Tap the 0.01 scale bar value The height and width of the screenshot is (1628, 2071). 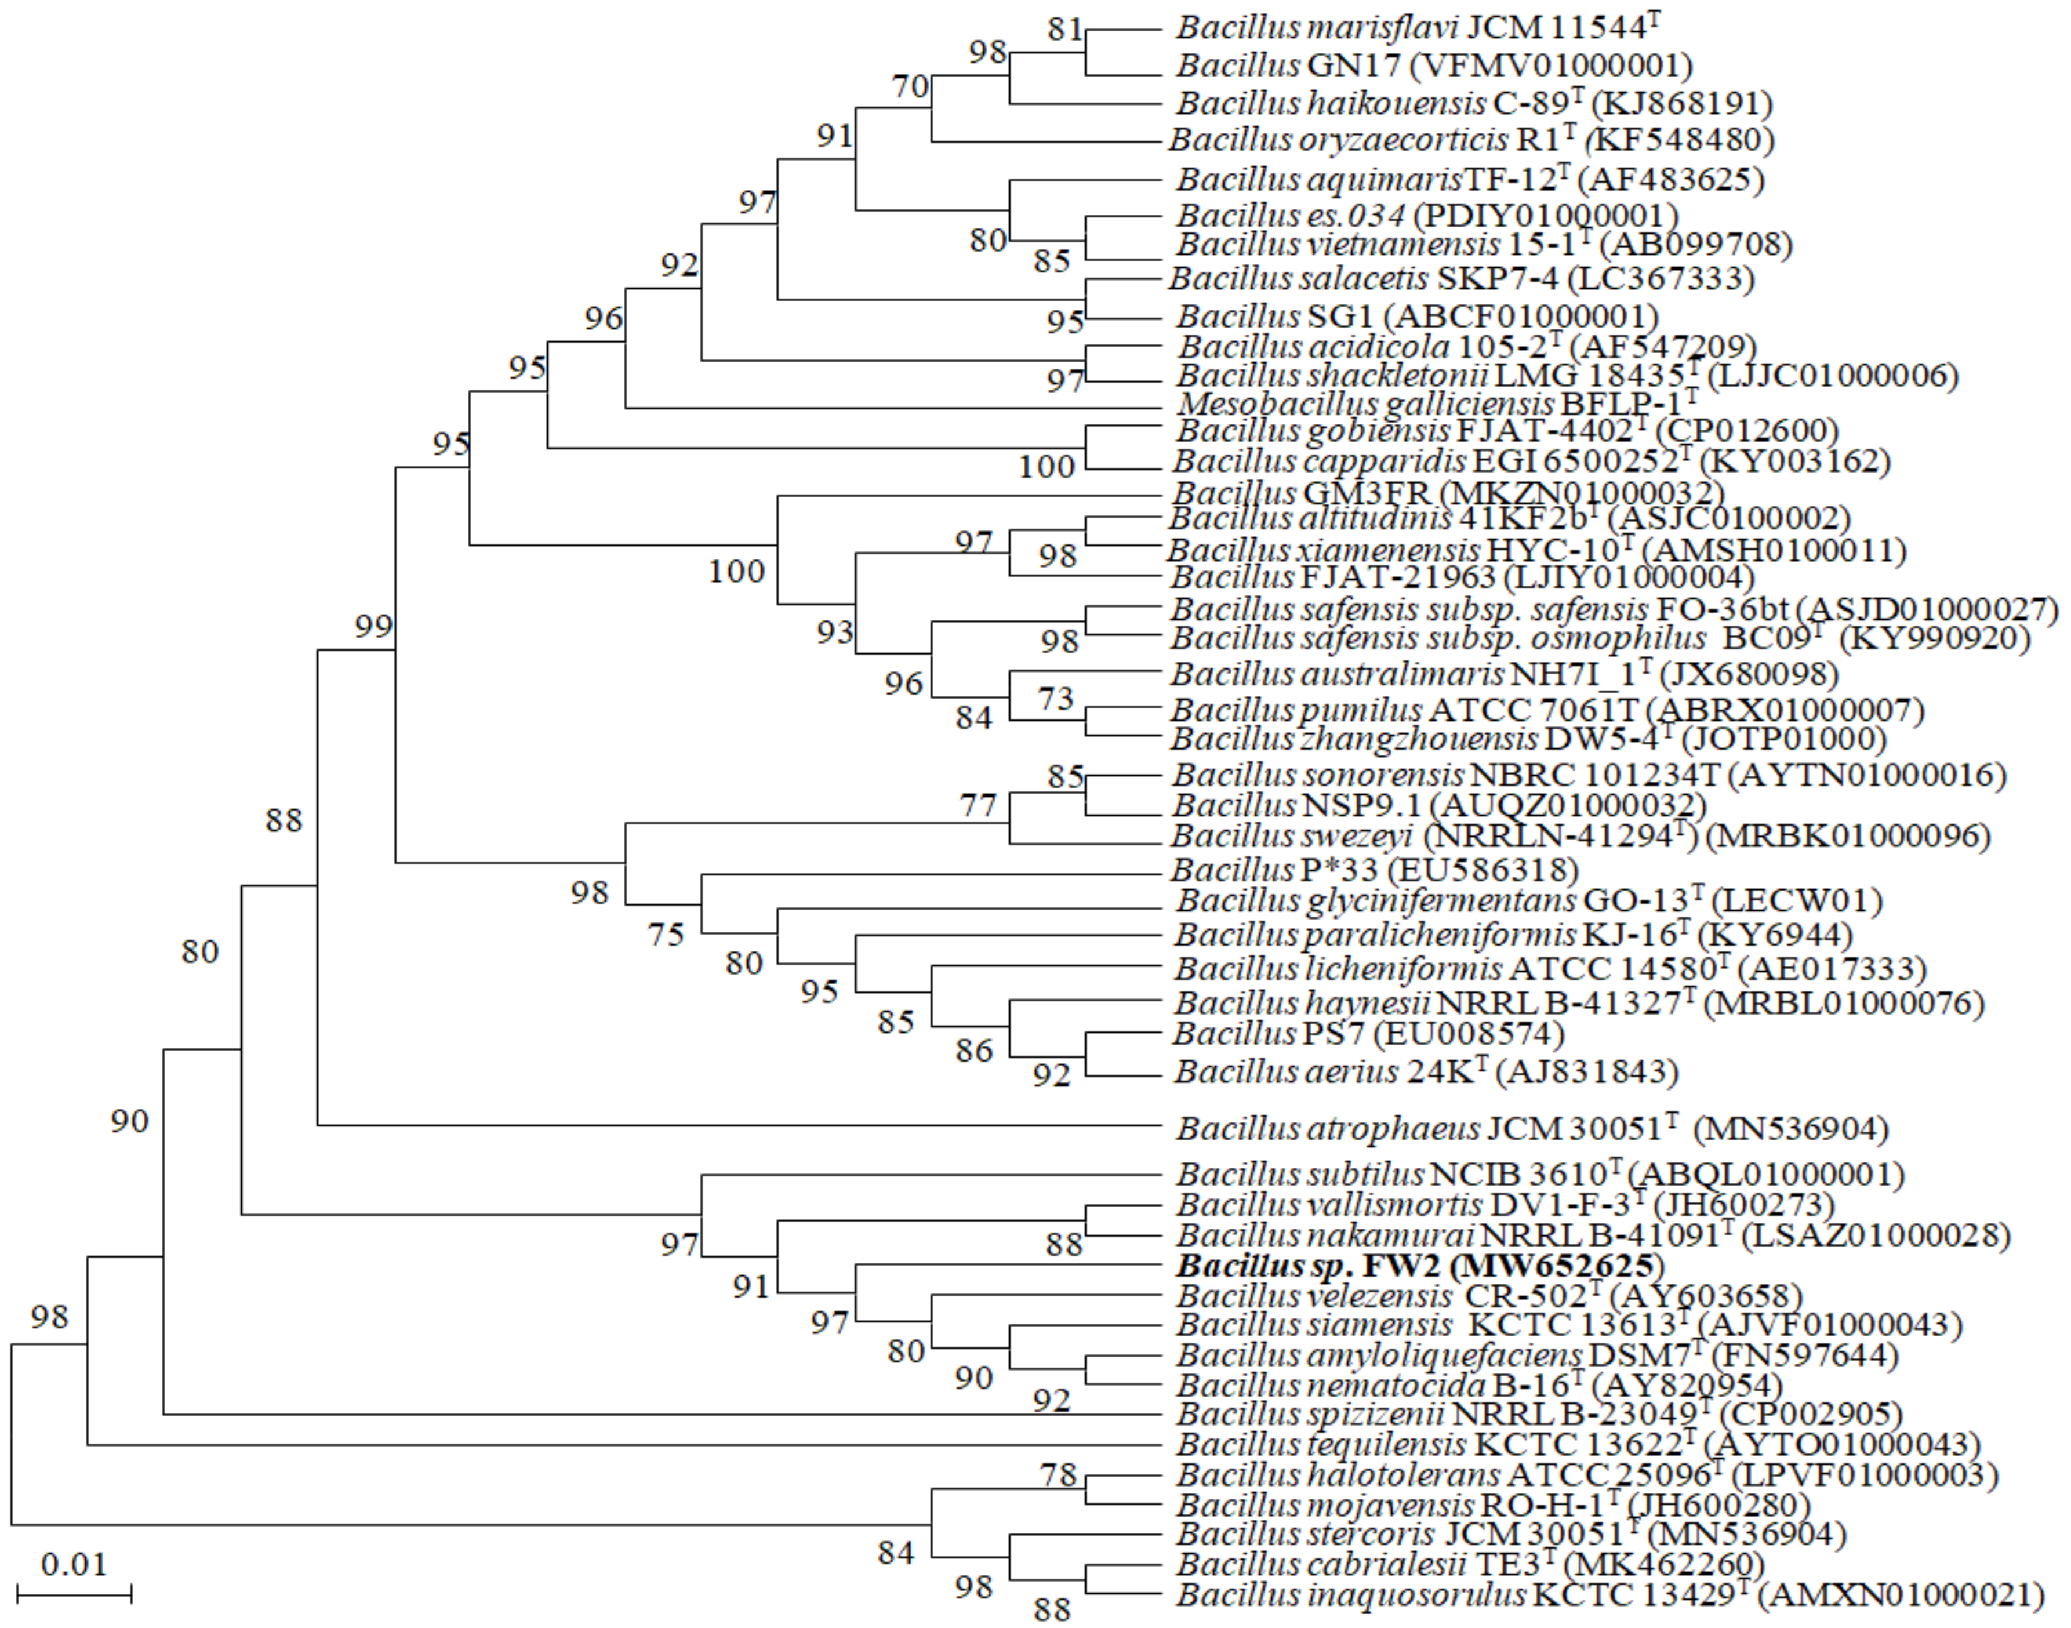(74, 1565)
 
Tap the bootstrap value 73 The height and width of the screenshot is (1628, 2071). (1055, 699)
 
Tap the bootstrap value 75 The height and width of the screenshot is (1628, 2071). (666, 934)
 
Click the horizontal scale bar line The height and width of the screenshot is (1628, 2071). (74, 1593)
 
